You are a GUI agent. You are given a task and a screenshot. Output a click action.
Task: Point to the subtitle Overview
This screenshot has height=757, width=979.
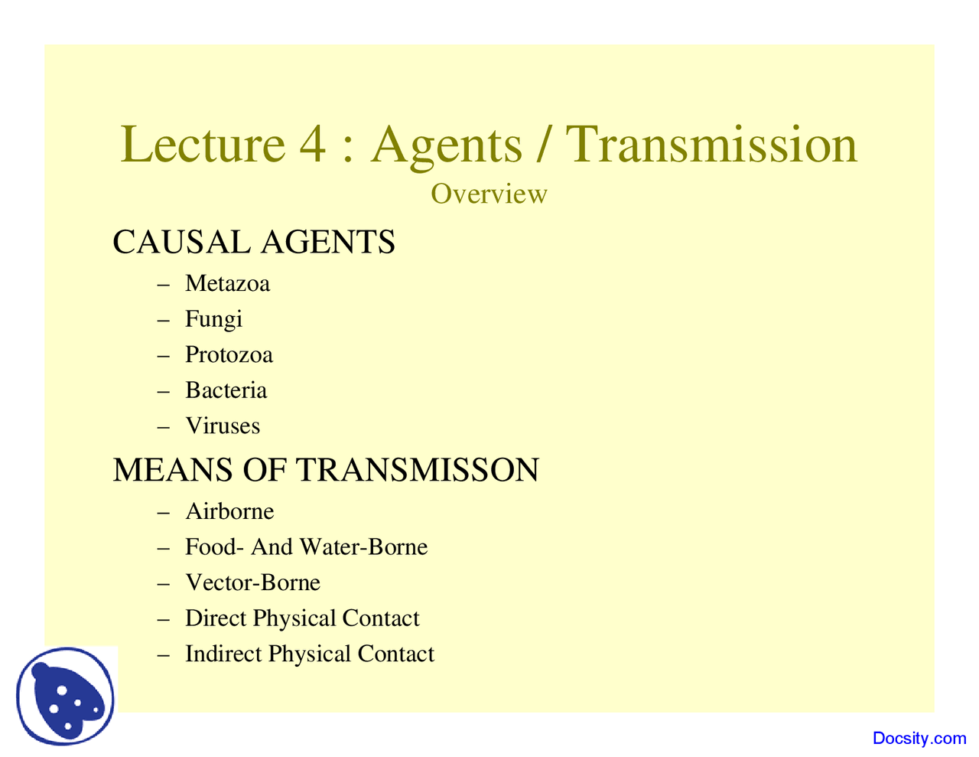pos(489,194)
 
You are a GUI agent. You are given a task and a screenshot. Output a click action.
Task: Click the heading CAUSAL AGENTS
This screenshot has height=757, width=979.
pos(253,242)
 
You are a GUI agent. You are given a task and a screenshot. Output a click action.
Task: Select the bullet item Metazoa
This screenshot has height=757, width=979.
pos(227,284)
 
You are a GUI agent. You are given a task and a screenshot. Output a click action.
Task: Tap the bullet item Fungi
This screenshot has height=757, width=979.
pos(213,319)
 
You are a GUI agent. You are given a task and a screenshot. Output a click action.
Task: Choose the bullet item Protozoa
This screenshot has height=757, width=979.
pos(229,355)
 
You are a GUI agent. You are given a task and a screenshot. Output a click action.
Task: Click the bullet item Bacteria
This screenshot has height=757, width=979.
pos(226,390)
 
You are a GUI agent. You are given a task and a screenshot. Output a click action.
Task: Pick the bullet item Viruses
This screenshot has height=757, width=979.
pos(223,426)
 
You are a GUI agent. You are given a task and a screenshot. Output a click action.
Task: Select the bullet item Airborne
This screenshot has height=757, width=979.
pos(229,511)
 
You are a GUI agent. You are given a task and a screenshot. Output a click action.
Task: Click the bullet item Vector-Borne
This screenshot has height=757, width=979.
pos(252,583)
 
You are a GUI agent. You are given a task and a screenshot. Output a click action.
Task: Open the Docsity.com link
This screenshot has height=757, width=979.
pos(919,739)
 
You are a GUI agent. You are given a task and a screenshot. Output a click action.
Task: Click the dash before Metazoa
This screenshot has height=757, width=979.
pos(162,285)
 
